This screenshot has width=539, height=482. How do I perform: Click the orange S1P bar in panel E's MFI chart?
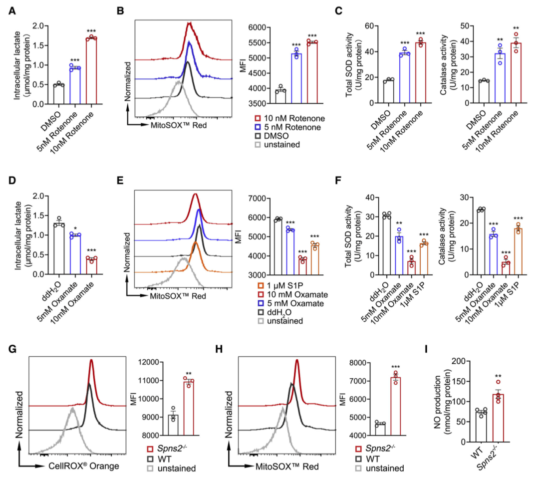[314, 259]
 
